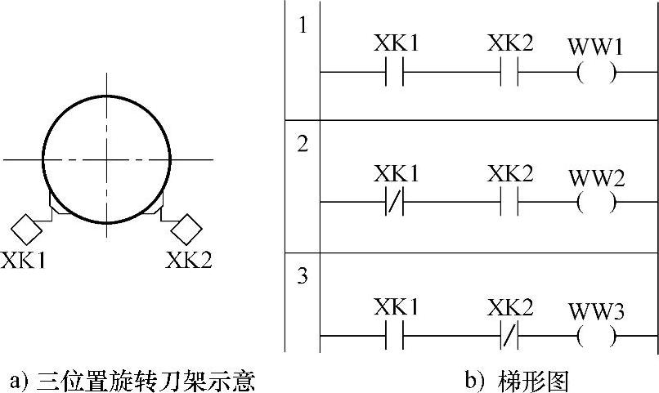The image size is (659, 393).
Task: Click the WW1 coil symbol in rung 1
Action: (595, 74)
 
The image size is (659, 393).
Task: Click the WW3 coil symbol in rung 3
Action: (595, 335)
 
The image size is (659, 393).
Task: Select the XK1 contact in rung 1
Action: (395, 74)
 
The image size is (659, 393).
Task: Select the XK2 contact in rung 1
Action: (509, 74)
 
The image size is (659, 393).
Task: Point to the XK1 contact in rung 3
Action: (395, 335)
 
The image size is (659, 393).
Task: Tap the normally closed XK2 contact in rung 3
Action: (509, 335)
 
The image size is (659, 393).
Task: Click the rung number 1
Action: (303, 25)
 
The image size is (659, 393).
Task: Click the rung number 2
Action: (303, 145)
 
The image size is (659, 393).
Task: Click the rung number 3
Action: (303, 276)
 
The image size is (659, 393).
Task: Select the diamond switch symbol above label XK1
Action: (28, 227)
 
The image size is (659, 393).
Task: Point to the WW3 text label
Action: (595, 311)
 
